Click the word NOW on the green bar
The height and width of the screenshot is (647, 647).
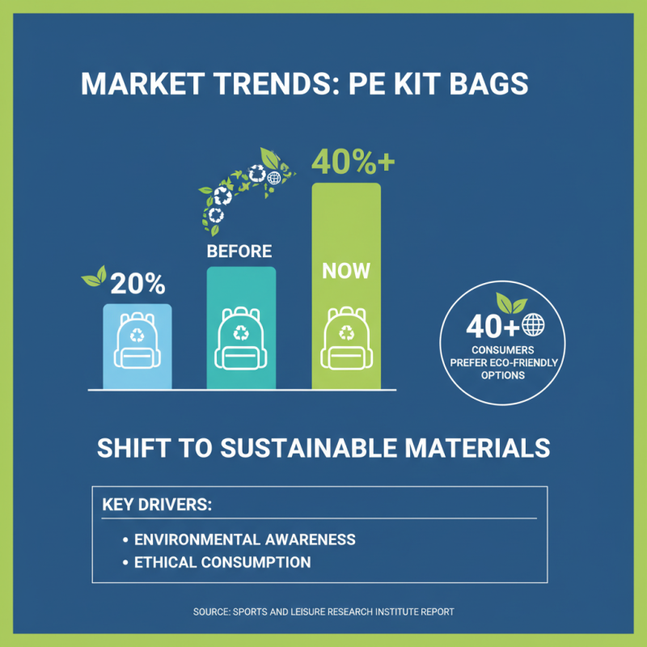click(346, 270)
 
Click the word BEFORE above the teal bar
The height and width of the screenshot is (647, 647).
click(239, 251)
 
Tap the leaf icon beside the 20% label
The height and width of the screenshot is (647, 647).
click(95, 277)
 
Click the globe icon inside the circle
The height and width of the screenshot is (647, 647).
click(535, 325)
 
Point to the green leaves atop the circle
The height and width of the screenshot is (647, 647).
click(510, 303)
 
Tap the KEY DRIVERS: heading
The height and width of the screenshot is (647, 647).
click(157, 505)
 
